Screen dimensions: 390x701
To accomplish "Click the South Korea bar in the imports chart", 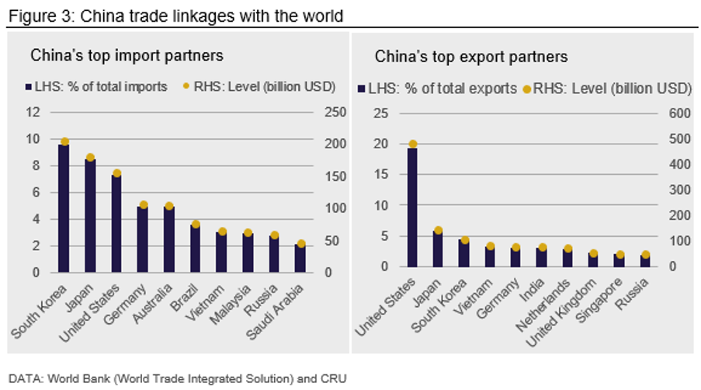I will click(x=64, y=208).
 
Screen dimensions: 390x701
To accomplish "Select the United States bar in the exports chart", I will click(x=412, y=207).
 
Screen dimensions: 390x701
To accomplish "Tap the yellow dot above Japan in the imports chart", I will click(x=90, y=158).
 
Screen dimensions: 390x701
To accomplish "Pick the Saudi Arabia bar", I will click(x=300, y=259).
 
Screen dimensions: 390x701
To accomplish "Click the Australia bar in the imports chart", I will click(x=168, y=239).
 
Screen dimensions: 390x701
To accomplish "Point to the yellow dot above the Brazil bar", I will click(x=196, y=225).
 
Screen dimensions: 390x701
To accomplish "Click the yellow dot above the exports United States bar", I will click(x=412, y=144).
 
